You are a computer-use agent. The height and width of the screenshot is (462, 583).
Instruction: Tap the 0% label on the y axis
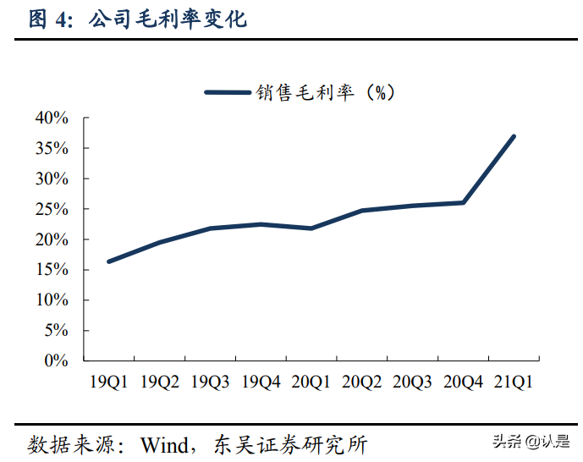[x=56, y=360]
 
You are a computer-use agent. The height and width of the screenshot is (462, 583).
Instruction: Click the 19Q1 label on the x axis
[x=108, y=382]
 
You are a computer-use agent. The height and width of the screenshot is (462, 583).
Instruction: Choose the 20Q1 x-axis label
[x=311, y=382]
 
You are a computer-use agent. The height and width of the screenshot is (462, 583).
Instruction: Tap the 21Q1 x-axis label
[x=514, y=382]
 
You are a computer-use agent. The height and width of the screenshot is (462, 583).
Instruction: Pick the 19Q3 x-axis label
[x=210, y=382]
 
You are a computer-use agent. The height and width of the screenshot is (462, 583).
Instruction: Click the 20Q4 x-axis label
[x=463, y=382]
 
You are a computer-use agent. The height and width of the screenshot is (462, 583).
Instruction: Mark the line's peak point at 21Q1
[x=514, y=136]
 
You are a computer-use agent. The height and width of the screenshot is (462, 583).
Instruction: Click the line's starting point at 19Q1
[x=108, y=261]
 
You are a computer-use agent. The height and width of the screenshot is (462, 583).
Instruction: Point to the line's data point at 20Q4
[x=463, y=202]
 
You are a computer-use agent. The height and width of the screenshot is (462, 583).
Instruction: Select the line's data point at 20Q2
[x=361, y=211]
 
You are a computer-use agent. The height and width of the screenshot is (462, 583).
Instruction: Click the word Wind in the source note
[x=166, y=444]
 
